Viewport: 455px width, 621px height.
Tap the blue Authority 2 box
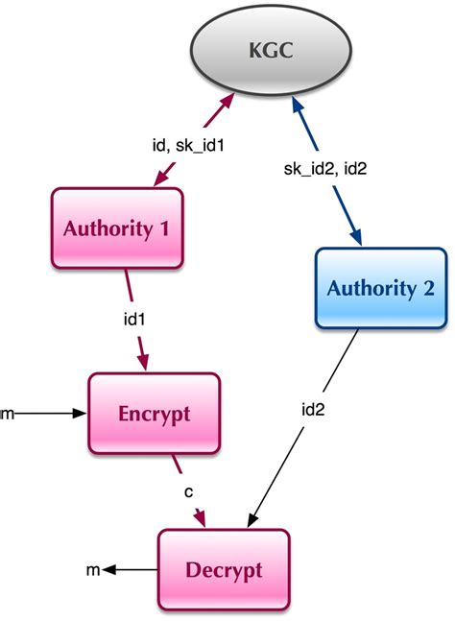(x=380, y=288)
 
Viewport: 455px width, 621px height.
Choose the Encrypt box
(x=155, y=414)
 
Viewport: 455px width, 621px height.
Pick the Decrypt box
(x=223, y=569)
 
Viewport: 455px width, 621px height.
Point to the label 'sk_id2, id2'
(x=327, y=169)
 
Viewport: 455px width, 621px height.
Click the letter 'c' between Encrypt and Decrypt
(x=191, y=492)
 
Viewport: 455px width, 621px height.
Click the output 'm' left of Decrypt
(x=93, y=570)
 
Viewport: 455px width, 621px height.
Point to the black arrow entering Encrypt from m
(x=53, y=414)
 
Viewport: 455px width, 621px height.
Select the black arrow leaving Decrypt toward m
(x=131, y=570)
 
